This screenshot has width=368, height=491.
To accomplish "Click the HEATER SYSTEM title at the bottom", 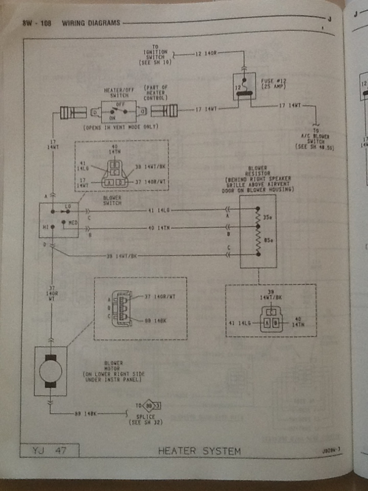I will pos(199,451).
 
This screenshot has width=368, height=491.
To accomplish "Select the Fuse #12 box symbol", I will pos(245,85).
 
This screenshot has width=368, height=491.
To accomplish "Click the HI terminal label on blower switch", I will pos(45,226).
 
